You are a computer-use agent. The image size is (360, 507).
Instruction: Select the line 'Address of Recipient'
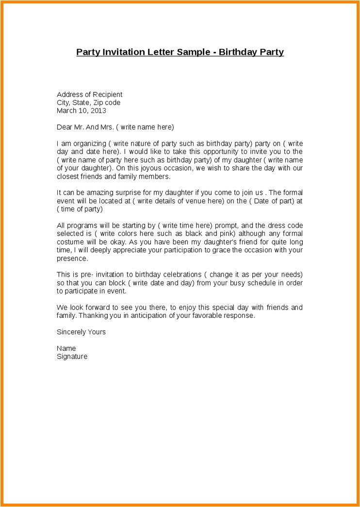(x=89, y=95)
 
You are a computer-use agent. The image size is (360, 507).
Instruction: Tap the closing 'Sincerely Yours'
(x=81, y=332)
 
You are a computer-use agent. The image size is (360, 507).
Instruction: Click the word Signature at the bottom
(x=72, y=357)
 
